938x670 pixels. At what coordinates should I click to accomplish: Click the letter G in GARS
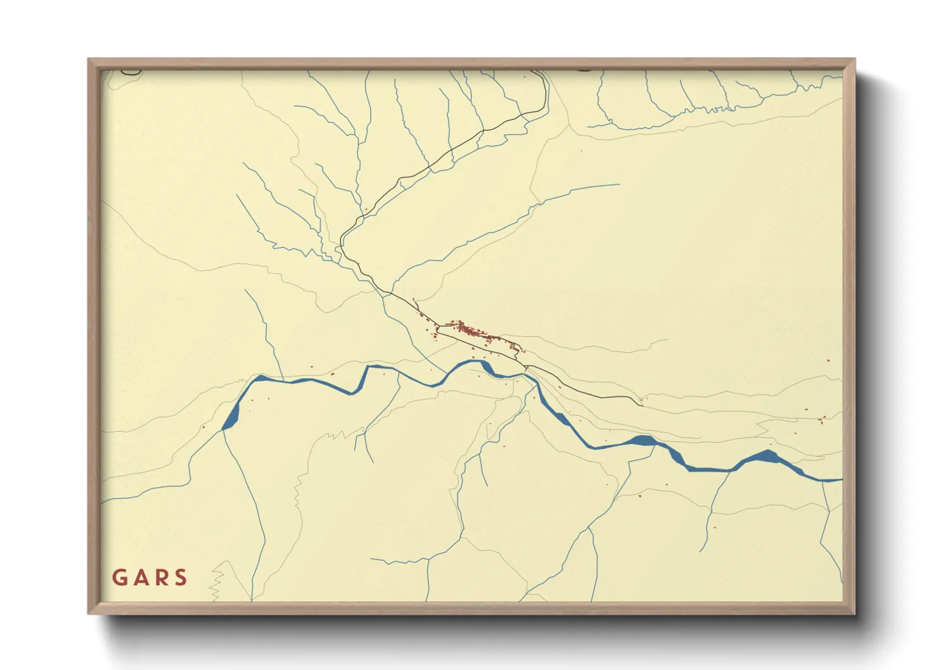[119, 578]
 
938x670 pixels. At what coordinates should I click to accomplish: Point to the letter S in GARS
[181, 578]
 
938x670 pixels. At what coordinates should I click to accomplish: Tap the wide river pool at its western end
[232, 418]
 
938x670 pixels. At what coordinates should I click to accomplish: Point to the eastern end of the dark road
[641, 404]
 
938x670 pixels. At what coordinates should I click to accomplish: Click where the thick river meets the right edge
[840, 480]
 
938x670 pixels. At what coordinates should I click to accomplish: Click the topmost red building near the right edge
[828, 361]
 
